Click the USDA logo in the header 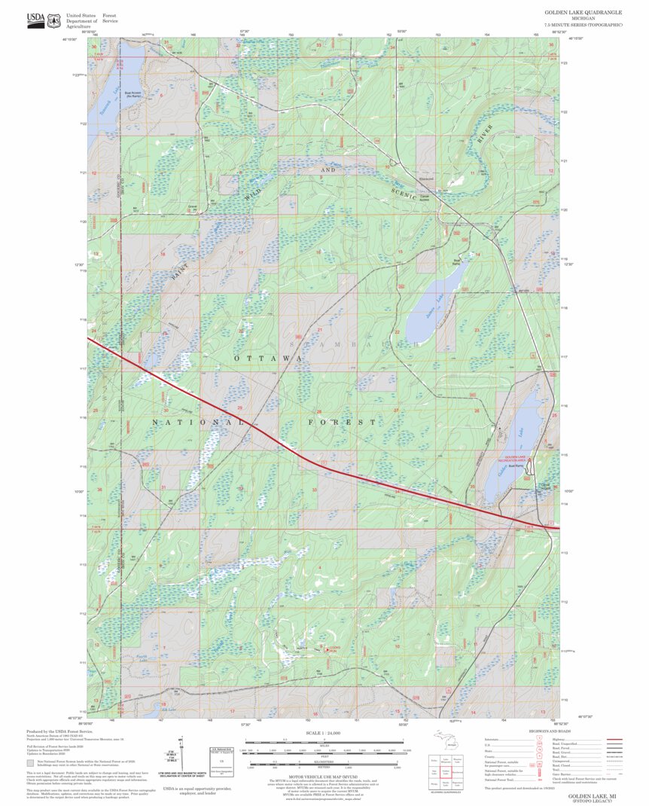coord(35,20)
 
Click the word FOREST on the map coord(341,423)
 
